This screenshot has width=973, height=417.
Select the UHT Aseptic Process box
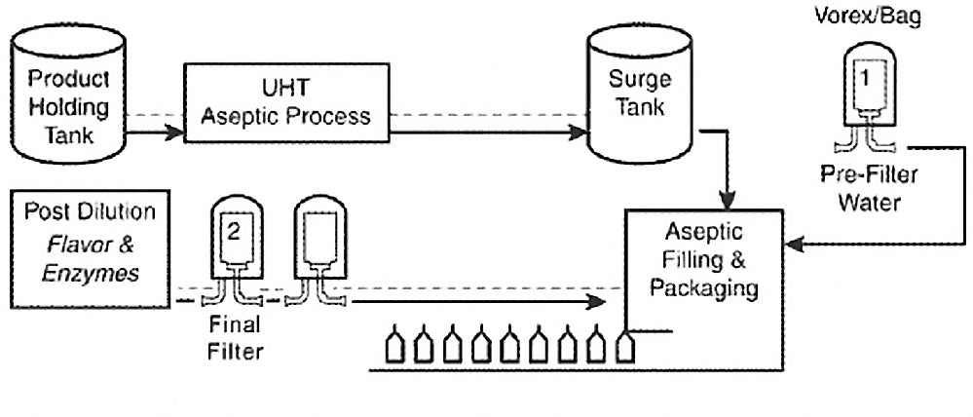point(281,103)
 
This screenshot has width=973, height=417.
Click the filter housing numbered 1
point(866,94)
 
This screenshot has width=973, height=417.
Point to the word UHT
point(281,89)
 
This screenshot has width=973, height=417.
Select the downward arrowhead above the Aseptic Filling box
point(729,199)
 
